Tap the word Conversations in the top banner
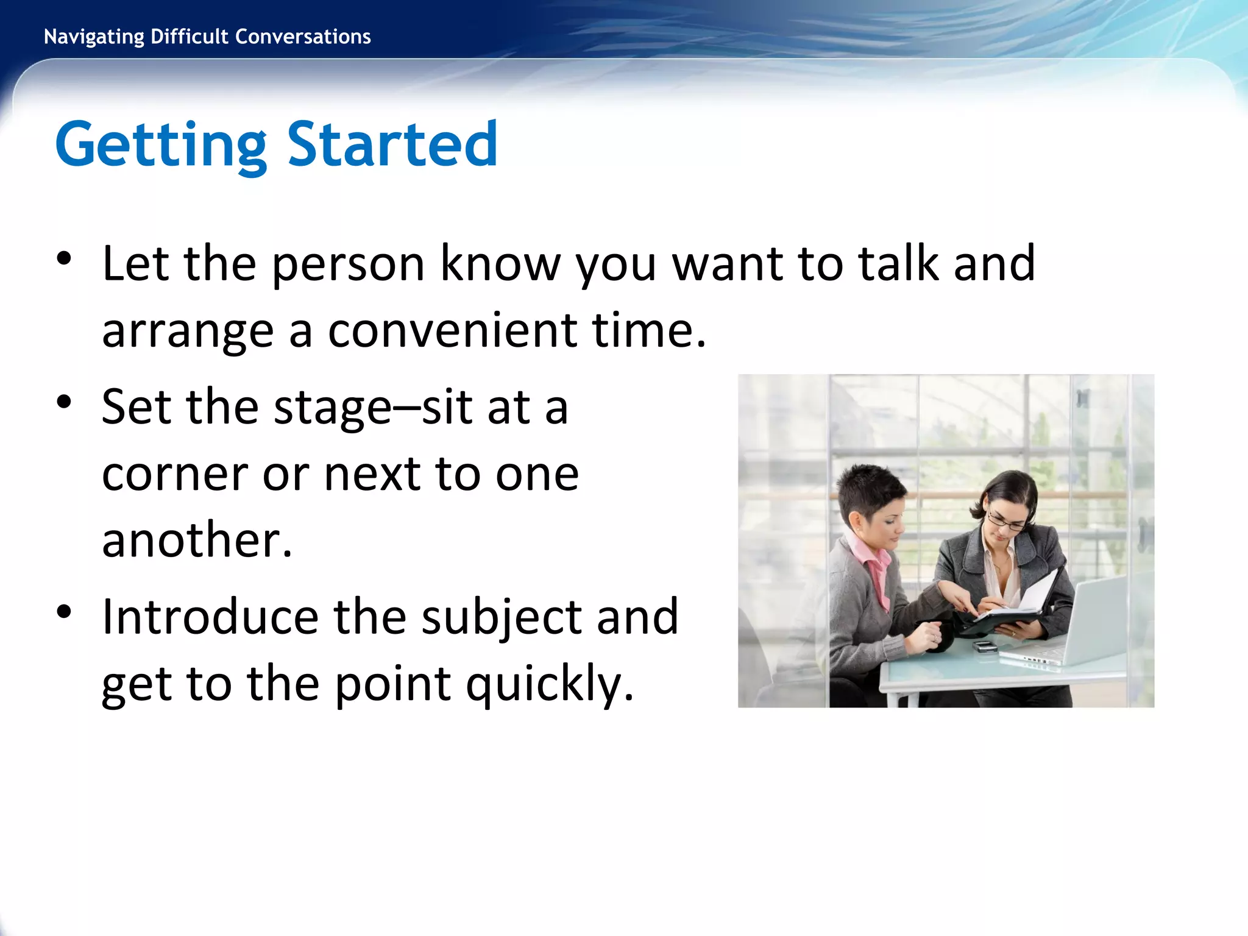(x=303, y=37)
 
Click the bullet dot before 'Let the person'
(x=64, y=259)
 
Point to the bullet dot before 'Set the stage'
(x=64, y=402)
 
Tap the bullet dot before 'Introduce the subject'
(x=64, y=612)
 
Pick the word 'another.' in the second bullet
(x=197, y=540)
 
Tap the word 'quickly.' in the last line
(x=550, y=684)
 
